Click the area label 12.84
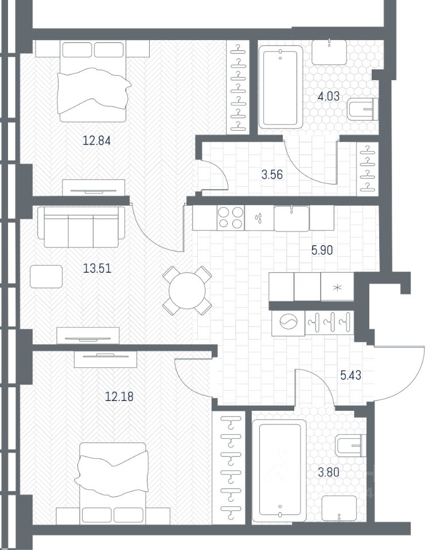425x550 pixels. tap(96, 141)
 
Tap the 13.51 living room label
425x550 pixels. tap(98, 268)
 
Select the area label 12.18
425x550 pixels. tap(119, 396)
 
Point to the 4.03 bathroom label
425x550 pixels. tap(329, 96)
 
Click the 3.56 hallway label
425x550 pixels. tap(272, 174)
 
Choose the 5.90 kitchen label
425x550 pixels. tap(322, 250)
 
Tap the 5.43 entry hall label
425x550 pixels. tap(350, 375)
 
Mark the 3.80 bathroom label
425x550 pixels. tap(329, 472)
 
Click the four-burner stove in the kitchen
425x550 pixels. tap(231, 218)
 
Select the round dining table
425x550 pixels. tap(187, 290)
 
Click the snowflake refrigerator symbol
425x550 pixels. tap(337, 288)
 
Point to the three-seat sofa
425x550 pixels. tap(81, 227)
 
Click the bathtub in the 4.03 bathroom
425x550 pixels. tap(280, 87)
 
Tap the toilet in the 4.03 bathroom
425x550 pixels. tap(362, 109)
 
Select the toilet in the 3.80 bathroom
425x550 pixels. tap(350, 445)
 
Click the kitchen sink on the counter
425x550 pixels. tap(291, 218)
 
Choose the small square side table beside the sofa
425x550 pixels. tap(46, 276)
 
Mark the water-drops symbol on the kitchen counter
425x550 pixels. tap(258, 218)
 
